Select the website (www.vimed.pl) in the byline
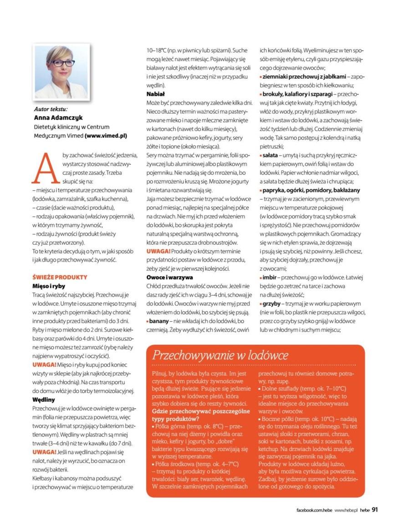[x=106, y=136]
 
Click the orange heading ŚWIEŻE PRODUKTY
[x=60, y=277]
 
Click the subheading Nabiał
[x=155, y=94]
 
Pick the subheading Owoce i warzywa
[x=169, y=277]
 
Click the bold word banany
[x=160, y=321]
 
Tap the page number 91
[x=375, y=509]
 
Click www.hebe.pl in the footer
[x=346, y=510]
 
